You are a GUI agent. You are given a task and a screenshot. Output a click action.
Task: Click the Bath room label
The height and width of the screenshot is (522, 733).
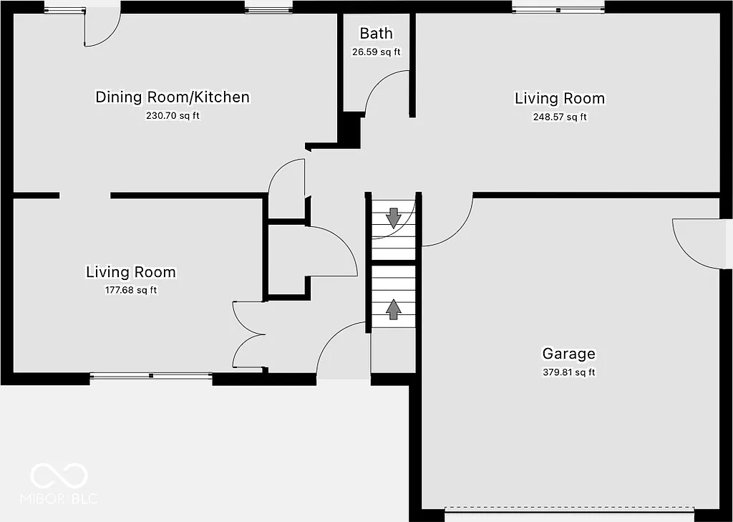click(x=376, y=34)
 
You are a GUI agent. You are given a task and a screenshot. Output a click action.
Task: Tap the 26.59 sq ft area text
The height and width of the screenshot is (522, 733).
click(x=376, y=52)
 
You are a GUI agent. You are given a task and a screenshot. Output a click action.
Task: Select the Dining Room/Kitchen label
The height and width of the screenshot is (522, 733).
click(x=173, y=97)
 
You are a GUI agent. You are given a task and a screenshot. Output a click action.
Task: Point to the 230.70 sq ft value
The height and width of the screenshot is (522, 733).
click(x=173, y=115)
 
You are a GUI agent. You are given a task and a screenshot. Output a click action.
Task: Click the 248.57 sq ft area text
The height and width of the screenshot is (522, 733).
click(x=559, y=117)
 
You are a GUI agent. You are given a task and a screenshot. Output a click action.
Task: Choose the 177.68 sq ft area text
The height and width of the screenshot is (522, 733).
click(x=130, y=290)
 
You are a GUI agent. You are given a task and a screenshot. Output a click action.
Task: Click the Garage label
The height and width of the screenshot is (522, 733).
click(x=568, y=354)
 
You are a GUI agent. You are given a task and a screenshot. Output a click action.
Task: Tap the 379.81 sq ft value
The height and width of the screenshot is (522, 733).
click(x=568, y=372)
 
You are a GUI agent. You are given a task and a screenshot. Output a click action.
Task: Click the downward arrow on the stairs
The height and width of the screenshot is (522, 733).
click(x=393, y=216)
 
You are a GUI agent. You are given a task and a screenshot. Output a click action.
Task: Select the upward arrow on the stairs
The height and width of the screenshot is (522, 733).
click(x=393, y=308)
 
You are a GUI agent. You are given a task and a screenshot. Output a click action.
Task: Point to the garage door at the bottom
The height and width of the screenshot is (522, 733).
click(x=569, y=511)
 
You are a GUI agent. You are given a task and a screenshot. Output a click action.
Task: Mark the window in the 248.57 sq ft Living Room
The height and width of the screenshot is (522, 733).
click(x=558, y=9)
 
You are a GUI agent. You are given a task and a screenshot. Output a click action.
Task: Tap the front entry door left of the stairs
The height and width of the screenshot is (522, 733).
click(x=342, y=349)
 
